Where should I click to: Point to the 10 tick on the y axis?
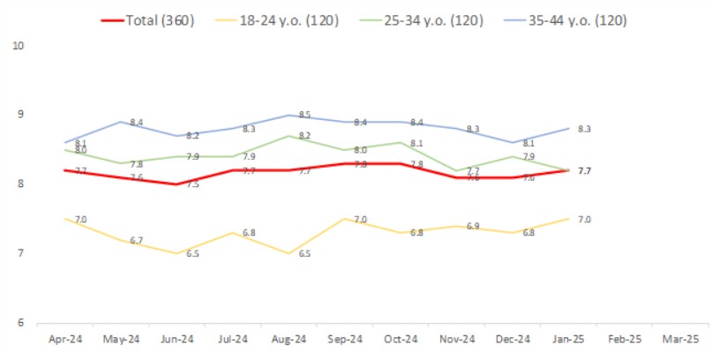[x=17, y=45]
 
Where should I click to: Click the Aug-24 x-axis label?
[x=288, y=338]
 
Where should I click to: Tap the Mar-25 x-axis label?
[x=679, y=338]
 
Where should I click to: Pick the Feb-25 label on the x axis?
[x=624, y=338]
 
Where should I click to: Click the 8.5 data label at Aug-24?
[x=304, y=115]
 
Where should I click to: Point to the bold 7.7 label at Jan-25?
[x=583, y=170]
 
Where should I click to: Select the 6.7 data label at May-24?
[x=137, y=240]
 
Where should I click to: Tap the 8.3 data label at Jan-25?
[x=583, y=130]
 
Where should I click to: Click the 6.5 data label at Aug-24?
[x=304, y=253]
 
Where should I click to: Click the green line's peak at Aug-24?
[x=288, y=136]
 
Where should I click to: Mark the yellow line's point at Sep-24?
[x=343, y=219]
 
